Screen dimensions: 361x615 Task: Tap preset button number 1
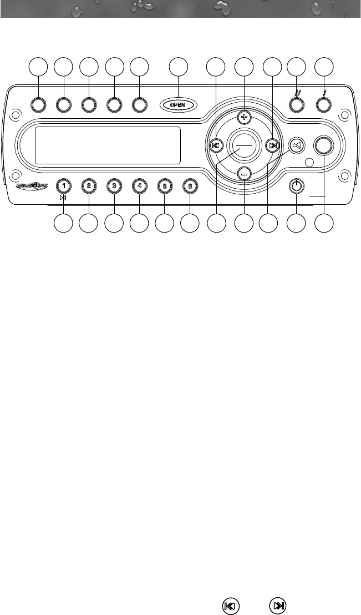[64, 186]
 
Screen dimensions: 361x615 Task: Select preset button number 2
[88, 186]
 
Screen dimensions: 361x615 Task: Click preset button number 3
[114, 186]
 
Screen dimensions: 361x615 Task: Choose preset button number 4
[139, 186]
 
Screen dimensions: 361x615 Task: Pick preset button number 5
[165, 186]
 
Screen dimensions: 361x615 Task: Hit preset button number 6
[190, 186]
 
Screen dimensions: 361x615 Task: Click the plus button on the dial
[245, 117]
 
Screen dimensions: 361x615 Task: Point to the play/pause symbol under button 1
[63, 197]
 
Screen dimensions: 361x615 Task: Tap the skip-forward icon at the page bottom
[279, 606]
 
